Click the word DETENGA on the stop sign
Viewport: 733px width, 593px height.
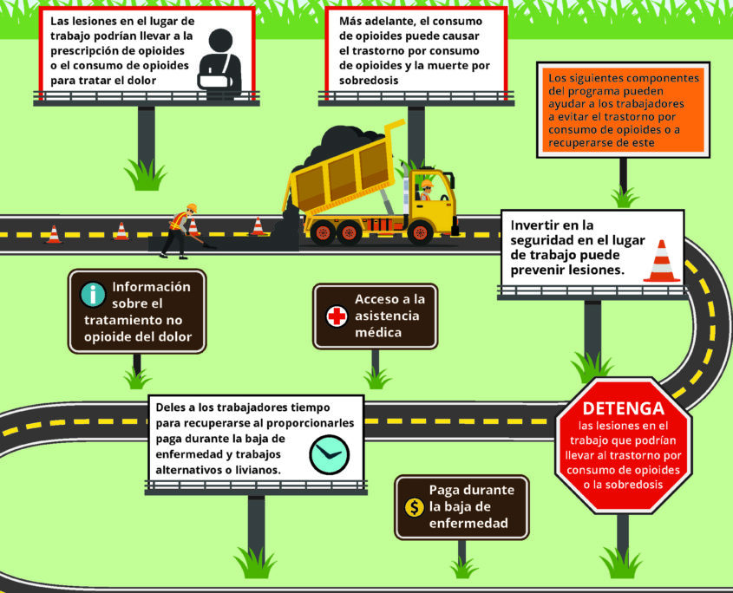pos(623,408)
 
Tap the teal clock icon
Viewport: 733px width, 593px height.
pos(330,453)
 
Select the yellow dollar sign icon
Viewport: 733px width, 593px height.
pos(414,508)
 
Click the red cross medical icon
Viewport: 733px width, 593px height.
pos(337,316)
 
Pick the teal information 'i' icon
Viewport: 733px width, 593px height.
pos(92,296)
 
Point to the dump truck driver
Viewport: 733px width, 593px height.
pos(424,191)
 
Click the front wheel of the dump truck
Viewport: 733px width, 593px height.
pos(422,231)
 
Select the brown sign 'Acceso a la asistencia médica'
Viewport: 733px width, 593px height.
pos(375,316)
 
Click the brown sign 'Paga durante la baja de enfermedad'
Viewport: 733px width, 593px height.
pos(461,507)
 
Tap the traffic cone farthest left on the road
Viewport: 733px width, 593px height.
pos(53,234)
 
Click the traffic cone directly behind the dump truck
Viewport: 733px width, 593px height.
pos(258,226)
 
